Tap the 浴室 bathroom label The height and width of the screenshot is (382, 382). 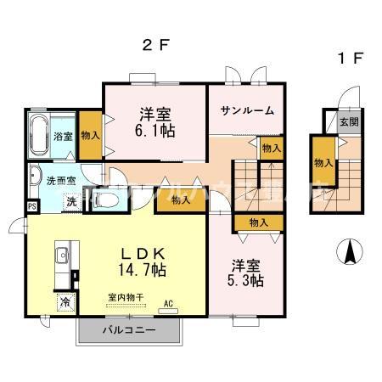point(63,136)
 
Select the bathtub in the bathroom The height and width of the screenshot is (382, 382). point(39,136)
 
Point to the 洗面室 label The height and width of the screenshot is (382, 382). point(60,181)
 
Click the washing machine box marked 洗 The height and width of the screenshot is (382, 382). point(73,202)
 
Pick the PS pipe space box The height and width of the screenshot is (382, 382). point(31,206)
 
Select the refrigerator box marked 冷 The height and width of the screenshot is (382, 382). point(65,301)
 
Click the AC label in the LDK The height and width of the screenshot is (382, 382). point(168,303)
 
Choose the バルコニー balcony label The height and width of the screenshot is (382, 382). point(128,329)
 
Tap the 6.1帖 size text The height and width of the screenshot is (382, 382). point(155,132)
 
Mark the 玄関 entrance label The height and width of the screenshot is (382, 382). point(349,121)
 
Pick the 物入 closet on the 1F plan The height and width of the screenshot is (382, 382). point(323,163)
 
